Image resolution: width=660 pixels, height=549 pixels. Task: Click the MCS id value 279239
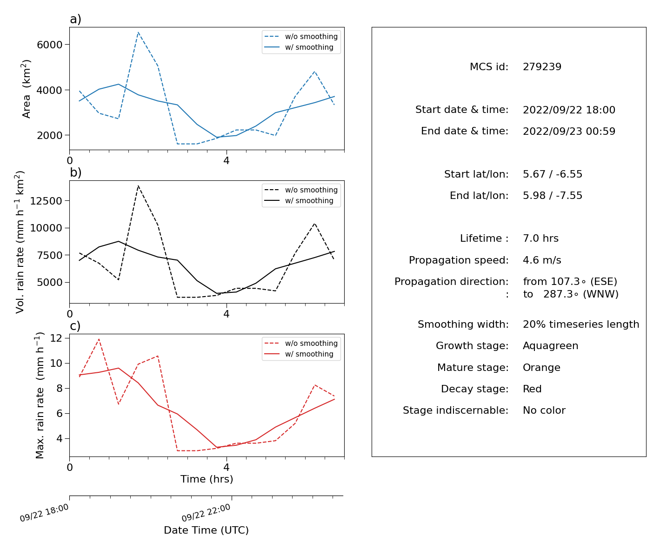pos(542,66)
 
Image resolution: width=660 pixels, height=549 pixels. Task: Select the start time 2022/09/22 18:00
pos(569,110)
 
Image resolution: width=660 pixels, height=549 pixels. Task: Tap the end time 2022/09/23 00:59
pos(569,131)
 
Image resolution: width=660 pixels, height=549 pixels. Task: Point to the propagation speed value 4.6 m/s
pos(542,260)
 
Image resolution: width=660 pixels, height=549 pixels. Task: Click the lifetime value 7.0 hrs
pos(540,238)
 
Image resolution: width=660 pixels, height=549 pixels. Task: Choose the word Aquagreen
pos(550,346)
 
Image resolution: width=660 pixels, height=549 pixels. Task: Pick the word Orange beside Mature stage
pos(541,368)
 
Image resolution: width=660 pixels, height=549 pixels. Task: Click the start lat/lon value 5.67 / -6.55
pos(552,174)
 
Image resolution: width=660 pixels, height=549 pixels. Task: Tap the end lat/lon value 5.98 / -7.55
pos(552,196)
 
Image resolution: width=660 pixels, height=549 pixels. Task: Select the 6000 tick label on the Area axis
pos(50,45)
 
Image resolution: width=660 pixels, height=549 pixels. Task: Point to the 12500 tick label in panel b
pos(46,201)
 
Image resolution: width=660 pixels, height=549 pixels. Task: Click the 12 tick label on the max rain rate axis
pos(56,338)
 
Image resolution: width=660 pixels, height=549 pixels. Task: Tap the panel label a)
pos(75,19)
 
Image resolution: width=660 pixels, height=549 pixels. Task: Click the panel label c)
pos(75,326)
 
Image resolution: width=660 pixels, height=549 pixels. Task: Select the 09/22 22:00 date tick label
pos(206,513)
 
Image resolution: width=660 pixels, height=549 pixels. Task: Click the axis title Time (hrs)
pos(207,479)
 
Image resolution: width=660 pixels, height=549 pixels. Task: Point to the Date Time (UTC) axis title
pos(206,530)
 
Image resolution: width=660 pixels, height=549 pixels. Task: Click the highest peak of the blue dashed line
pos(138,32)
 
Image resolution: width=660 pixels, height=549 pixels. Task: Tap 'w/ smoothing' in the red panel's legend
pos(309,354)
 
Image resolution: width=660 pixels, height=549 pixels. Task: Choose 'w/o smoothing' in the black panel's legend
pos(311,190)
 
